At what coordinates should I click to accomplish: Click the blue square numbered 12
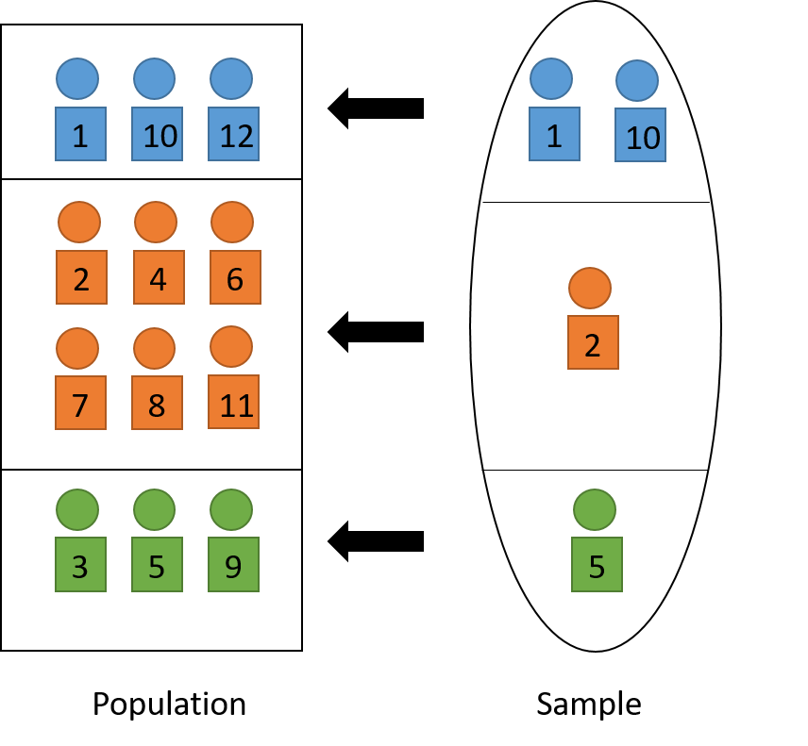click(x=233, y=134)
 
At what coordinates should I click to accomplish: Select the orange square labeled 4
click(x=159, y=277)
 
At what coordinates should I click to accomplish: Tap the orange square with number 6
click(x=235, y=277)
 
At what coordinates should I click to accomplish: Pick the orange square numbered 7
click(x=80, y=403)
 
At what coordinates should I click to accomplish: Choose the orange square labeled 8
click(x=157, y=403)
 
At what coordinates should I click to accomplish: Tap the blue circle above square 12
click(x=231, y=79)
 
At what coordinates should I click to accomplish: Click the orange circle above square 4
click(x=156, y=223)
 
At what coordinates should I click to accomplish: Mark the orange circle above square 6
click(x=232, y=223)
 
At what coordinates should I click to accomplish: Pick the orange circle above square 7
click(x=77, y=349)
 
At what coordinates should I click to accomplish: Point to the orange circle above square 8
click(x=154, y=349)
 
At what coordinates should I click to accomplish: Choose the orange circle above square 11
click(x=231, y=347)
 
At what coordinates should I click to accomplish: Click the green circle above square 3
click(x=77, y=510)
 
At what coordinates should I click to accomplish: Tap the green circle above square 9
click(x=231, y=510)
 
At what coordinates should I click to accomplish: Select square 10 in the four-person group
click(x=640, y=135)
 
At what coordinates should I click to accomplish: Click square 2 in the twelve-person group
click(x=81, y=277)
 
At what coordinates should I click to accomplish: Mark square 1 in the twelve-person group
click(x=80, y=134)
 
